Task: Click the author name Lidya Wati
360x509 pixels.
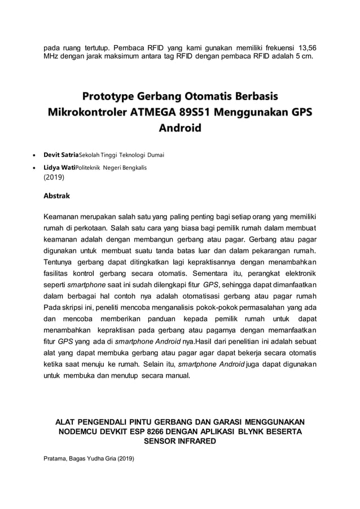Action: point(59,168)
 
